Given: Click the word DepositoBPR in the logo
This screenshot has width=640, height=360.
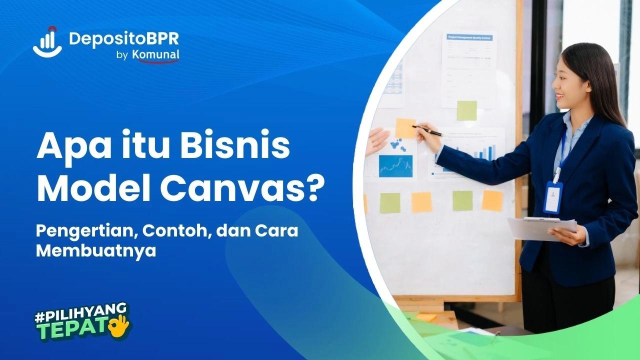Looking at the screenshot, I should pos(123,39).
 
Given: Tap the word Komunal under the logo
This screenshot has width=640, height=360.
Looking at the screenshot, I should pos(155,55).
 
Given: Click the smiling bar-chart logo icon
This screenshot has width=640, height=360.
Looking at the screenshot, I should pos(47,41).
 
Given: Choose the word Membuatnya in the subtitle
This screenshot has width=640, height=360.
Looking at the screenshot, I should pos(96,251).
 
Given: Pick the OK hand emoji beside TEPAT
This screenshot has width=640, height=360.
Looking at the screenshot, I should pos(120,325).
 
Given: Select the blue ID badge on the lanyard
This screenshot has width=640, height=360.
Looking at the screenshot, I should pos(553,197).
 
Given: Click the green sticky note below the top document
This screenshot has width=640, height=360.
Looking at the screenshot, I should pos(466,110).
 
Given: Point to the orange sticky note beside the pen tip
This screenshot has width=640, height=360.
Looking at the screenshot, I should pos(405,128).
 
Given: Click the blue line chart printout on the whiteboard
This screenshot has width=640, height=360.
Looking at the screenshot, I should pos(395,166).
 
